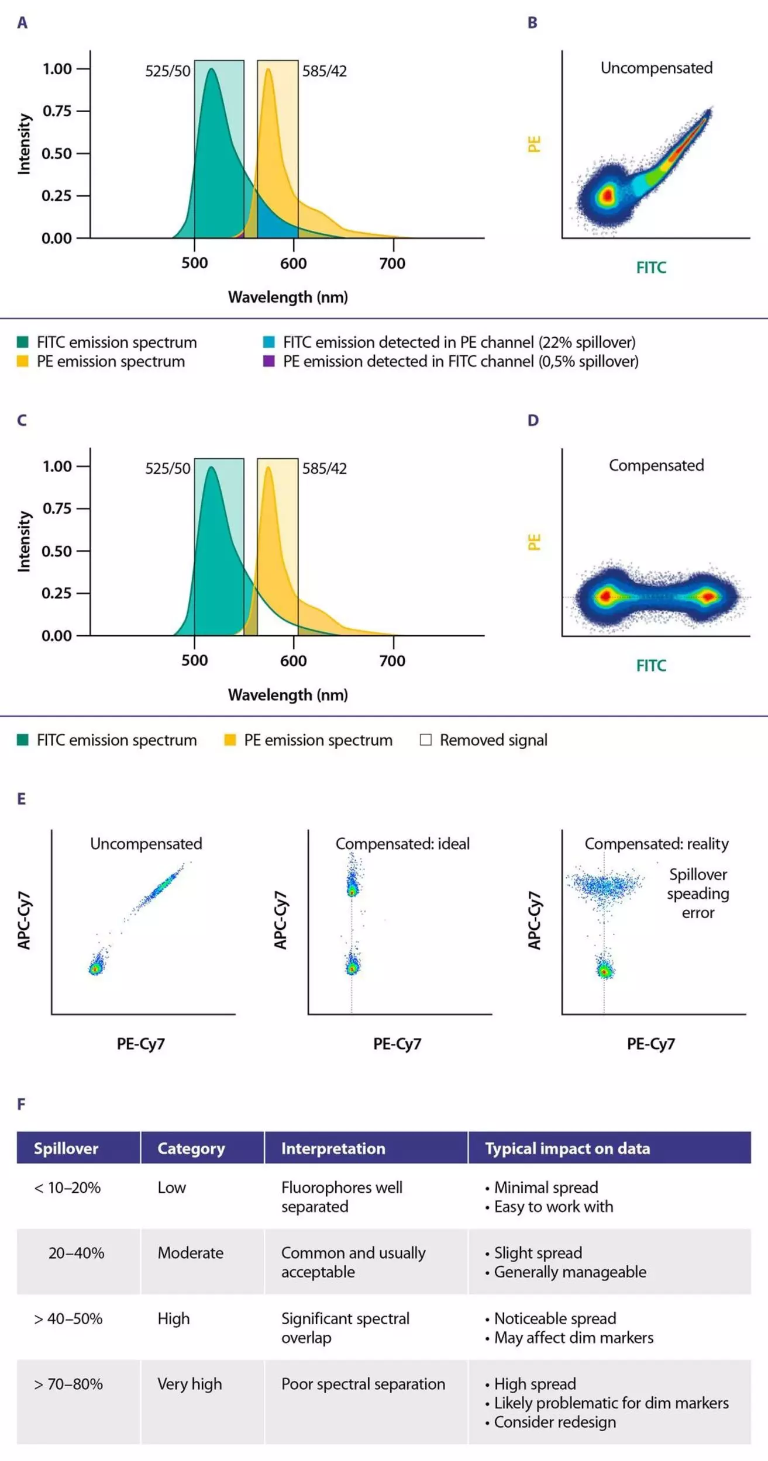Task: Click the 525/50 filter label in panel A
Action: click(168, 71)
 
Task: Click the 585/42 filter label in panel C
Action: click(324, 469)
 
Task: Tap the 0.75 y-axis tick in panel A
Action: click(57, 111)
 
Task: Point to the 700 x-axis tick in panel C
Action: click(392, 661)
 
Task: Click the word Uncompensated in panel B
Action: click(656, 68)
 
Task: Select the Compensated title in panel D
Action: click(656, 466)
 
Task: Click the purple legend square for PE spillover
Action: click(269, 361)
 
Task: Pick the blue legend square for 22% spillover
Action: click(269, 342)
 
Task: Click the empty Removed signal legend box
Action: click(426, 740)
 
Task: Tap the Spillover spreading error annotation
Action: click(698, 894)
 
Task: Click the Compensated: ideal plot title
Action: click(402, 844)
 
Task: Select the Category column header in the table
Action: click(191, 1148)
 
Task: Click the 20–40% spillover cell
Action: click(76, 1253)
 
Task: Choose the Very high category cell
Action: click(190, 1384)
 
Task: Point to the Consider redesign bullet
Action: click(555, 1422)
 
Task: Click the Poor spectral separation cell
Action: click(363, 1384)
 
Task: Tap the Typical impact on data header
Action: click(567, 1148)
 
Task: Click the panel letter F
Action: click(22, 1104)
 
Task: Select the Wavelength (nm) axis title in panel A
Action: click(288, 297)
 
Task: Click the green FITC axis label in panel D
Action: click(651, 666)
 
